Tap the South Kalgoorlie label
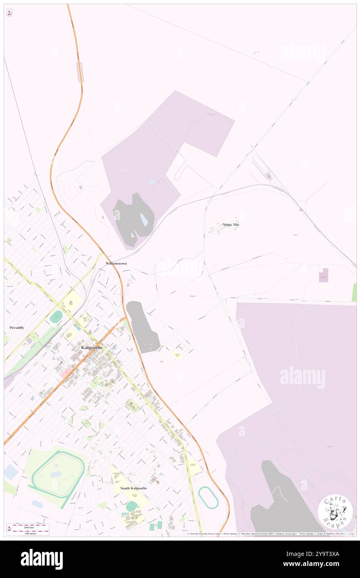coord(133,488)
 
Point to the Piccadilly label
coord(17,328)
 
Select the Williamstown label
coord(116,264)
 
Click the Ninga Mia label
coord(231,225)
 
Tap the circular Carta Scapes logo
coord(335,511)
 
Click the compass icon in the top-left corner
coord(9,13)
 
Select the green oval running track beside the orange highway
coord(208,497)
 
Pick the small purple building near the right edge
coord(323,275)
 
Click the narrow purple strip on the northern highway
coord(80,72)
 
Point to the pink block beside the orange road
coord(65,372)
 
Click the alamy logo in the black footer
coord(42,559)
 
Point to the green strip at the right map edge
coord(354,292)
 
